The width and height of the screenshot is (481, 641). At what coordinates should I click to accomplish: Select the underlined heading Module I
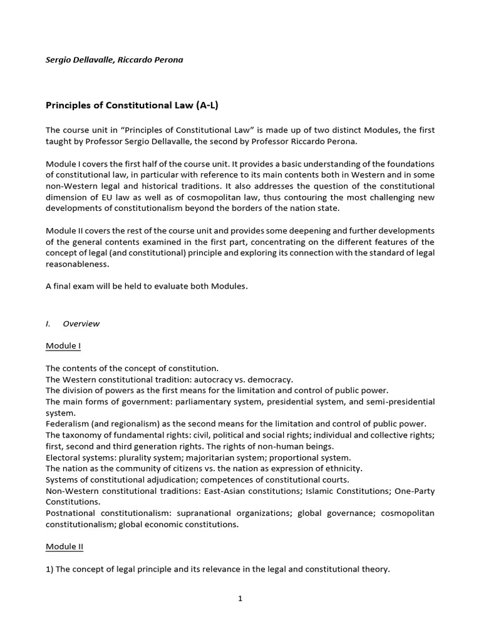pos(63,346)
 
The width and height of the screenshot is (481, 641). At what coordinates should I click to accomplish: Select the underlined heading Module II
pos(65,546)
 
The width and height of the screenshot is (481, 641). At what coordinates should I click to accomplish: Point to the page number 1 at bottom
pos(240,598)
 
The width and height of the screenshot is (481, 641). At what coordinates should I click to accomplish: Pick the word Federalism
pos(68,424)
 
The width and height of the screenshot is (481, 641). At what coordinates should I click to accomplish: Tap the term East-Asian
pos(251,491)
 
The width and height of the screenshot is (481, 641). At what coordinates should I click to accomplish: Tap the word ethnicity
pos(343,468)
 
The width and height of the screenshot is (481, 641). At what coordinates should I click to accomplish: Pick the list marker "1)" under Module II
pos(51,569)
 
